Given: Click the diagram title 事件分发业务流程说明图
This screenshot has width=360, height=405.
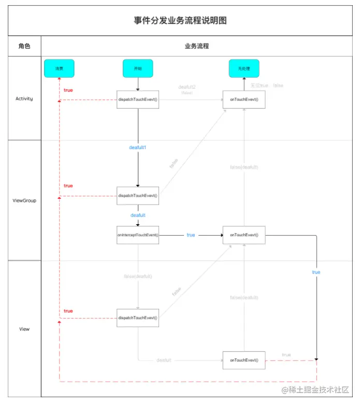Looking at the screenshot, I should (x=180, y=21).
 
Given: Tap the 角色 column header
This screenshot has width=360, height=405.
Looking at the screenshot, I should (x=24, y=46).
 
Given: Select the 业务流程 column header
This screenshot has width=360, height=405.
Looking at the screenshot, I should (x=197, y=46).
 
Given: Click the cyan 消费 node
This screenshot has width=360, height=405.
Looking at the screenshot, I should (x=59, y=68).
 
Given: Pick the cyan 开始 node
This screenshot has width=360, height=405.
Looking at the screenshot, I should (x=138, y=68).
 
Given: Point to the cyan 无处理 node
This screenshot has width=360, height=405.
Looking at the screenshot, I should (x=243, y=68).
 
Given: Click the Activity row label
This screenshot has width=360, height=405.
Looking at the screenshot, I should (x=24, y=98).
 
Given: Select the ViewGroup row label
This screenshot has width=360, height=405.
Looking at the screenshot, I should (x=24, y=200).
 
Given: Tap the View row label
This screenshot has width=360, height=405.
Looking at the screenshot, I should (x=24, y=329).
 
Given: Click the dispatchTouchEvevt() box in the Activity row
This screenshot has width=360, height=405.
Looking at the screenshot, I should (x=138, y=99).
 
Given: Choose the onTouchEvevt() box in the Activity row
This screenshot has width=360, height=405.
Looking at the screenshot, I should (x=244, y=99).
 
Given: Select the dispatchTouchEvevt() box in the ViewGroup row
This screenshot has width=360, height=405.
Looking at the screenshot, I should (x=138, y=196).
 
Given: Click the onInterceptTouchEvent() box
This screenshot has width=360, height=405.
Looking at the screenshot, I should (x=138, y=235).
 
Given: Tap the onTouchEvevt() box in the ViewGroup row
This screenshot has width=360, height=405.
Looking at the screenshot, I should (x=244, y=235).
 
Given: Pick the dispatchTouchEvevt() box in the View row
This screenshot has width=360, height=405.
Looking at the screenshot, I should (x=138, y=317).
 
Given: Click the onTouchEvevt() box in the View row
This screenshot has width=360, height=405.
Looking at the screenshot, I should (x=244, y=360).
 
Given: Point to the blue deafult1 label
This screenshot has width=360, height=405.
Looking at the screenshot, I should (x=138, y=148).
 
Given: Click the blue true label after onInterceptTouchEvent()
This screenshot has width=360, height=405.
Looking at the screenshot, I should (x=191, y=235).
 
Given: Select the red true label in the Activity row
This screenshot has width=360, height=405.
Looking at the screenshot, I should (x=68, y=90).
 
